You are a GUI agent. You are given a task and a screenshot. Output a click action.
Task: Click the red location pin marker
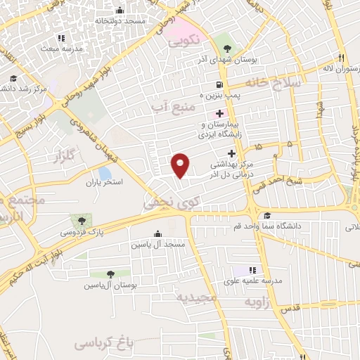[x=181, y=165]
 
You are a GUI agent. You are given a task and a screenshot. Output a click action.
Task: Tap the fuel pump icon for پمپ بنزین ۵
[x=210, y=85]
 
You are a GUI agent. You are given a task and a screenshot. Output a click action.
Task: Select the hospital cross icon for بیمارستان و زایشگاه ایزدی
[x=220, y=113]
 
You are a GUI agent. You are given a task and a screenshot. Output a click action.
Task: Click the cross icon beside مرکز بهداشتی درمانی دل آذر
[x=231, y=153]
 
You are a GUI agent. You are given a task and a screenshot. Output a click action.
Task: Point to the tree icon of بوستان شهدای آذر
[x=226, y=49]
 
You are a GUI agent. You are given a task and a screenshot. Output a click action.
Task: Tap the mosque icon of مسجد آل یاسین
[x=157, y=233]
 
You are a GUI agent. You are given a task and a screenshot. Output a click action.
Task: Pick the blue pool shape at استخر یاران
[x=104, y=172]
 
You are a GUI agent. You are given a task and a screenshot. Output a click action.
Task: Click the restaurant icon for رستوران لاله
[x=341, y=58]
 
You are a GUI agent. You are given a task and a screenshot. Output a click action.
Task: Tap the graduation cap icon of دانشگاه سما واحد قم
[x=266, y=216]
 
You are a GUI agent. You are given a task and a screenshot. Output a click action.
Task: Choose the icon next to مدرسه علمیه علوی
[x=252, y=270]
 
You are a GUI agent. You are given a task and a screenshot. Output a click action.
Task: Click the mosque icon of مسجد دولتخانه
[x=119, y=11]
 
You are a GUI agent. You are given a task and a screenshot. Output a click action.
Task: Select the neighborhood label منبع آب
[x=172, y=107]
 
